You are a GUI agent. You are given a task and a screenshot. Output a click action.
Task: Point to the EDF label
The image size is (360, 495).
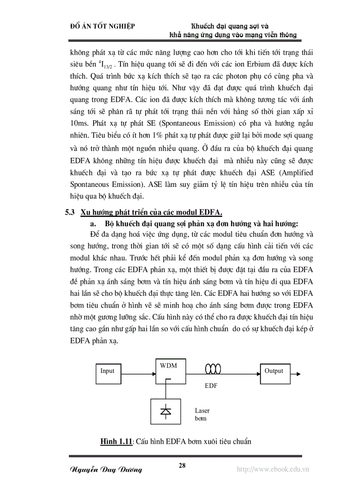[211, 386]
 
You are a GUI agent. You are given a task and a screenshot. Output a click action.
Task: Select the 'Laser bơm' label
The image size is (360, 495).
[202, 414]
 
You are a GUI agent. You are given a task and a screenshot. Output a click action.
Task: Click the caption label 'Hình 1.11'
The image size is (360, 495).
[116, 441]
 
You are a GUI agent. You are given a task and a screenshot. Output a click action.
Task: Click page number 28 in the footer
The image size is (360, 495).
[182, 465]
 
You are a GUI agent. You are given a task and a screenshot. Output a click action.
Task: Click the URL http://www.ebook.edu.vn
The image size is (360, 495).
[273, 469]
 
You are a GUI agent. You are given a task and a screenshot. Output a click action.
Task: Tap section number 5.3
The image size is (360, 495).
[70, 212]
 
